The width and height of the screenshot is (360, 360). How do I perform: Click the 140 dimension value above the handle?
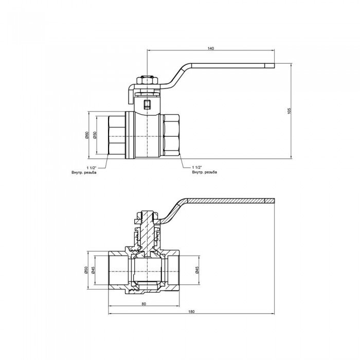pos(210,48)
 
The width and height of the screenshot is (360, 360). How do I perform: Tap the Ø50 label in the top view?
pos(95,135)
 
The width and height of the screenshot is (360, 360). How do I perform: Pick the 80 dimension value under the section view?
pos(144,304)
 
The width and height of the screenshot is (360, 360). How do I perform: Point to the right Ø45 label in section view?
pos(197,272)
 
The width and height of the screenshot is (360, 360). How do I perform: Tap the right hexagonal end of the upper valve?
pos(171,135)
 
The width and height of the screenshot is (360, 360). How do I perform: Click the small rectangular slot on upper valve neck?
pos(148,105)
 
